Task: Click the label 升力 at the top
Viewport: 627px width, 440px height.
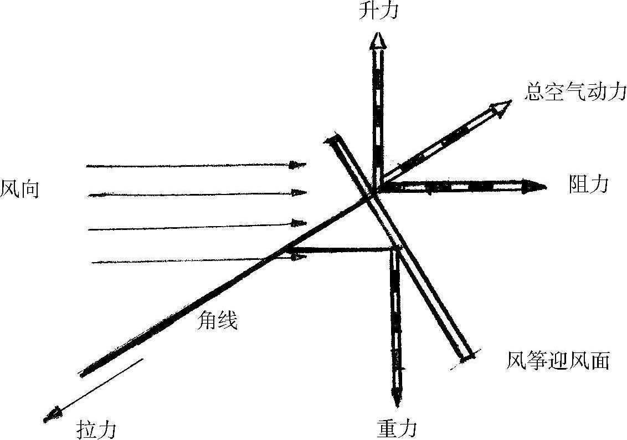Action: coord(378,11)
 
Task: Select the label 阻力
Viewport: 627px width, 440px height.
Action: coord(588,185)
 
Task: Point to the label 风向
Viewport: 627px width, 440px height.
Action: coord(19,190)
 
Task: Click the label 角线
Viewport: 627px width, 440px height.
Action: coord(218,320)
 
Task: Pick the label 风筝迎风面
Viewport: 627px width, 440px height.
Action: coord(558,361)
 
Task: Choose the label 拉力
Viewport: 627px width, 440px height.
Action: coord(96,429)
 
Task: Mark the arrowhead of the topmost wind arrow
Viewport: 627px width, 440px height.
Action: coord(300,165)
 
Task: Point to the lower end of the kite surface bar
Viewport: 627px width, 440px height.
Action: coord(466,355)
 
